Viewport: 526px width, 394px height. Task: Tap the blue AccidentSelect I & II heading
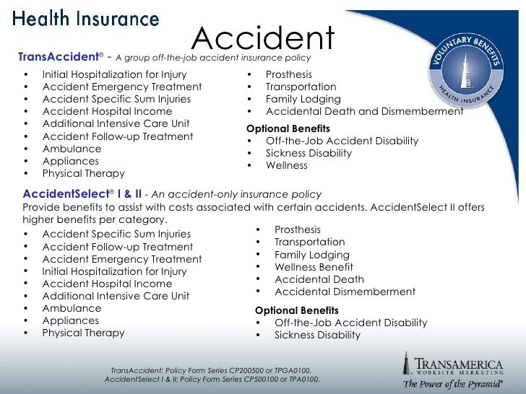tap(80, 195)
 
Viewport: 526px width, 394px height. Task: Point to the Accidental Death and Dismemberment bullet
tap(364, 111)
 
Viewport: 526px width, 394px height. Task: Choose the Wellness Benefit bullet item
tap(314, 267)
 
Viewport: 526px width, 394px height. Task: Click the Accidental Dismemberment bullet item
tap(345, 292)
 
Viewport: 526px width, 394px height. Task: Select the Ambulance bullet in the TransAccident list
tap(72, 149)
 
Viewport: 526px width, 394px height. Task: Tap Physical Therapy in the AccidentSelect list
tap(83, 333)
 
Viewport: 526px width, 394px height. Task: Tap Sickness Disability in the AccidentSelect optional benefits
tap(317, 336)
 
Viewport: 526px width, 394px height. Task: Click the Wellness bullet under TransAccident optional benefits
tap(286, 165)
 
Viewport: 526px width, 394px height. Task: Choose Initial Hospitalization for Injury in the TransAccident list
tap(114, 74)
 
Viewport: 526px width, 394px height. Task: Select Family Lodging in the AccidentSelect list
tap(311, 255)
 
